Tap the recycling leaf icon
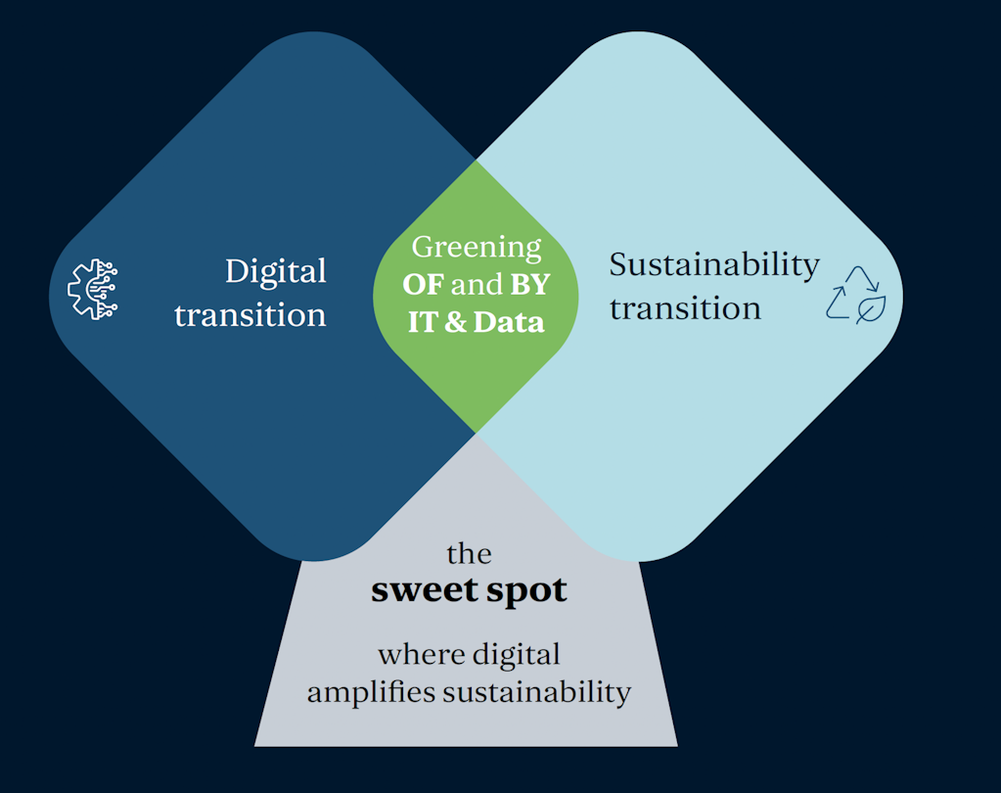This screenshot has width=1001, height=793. coord(855,294)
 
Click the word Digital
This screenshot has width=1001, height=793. coord(275,271)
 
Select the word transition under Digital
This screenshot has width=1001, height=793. coord(250,315)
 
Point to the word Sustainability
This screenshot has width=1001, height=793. coord(714,264)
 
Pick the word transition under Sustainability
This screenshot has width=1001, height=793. coord(685,308)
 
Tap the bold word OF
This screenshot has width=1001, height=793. coord(423,286)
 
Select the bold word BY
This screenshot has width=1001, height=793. coord(529,286)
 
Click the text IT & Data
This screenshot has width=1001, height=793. coord(476,322)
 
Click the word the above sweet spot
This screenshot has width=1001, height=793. coord(469,554)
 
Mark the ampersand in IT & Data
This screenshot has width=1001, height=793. coord(455,322)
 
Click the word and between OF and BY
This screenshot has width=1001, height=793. coord(477,286)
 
